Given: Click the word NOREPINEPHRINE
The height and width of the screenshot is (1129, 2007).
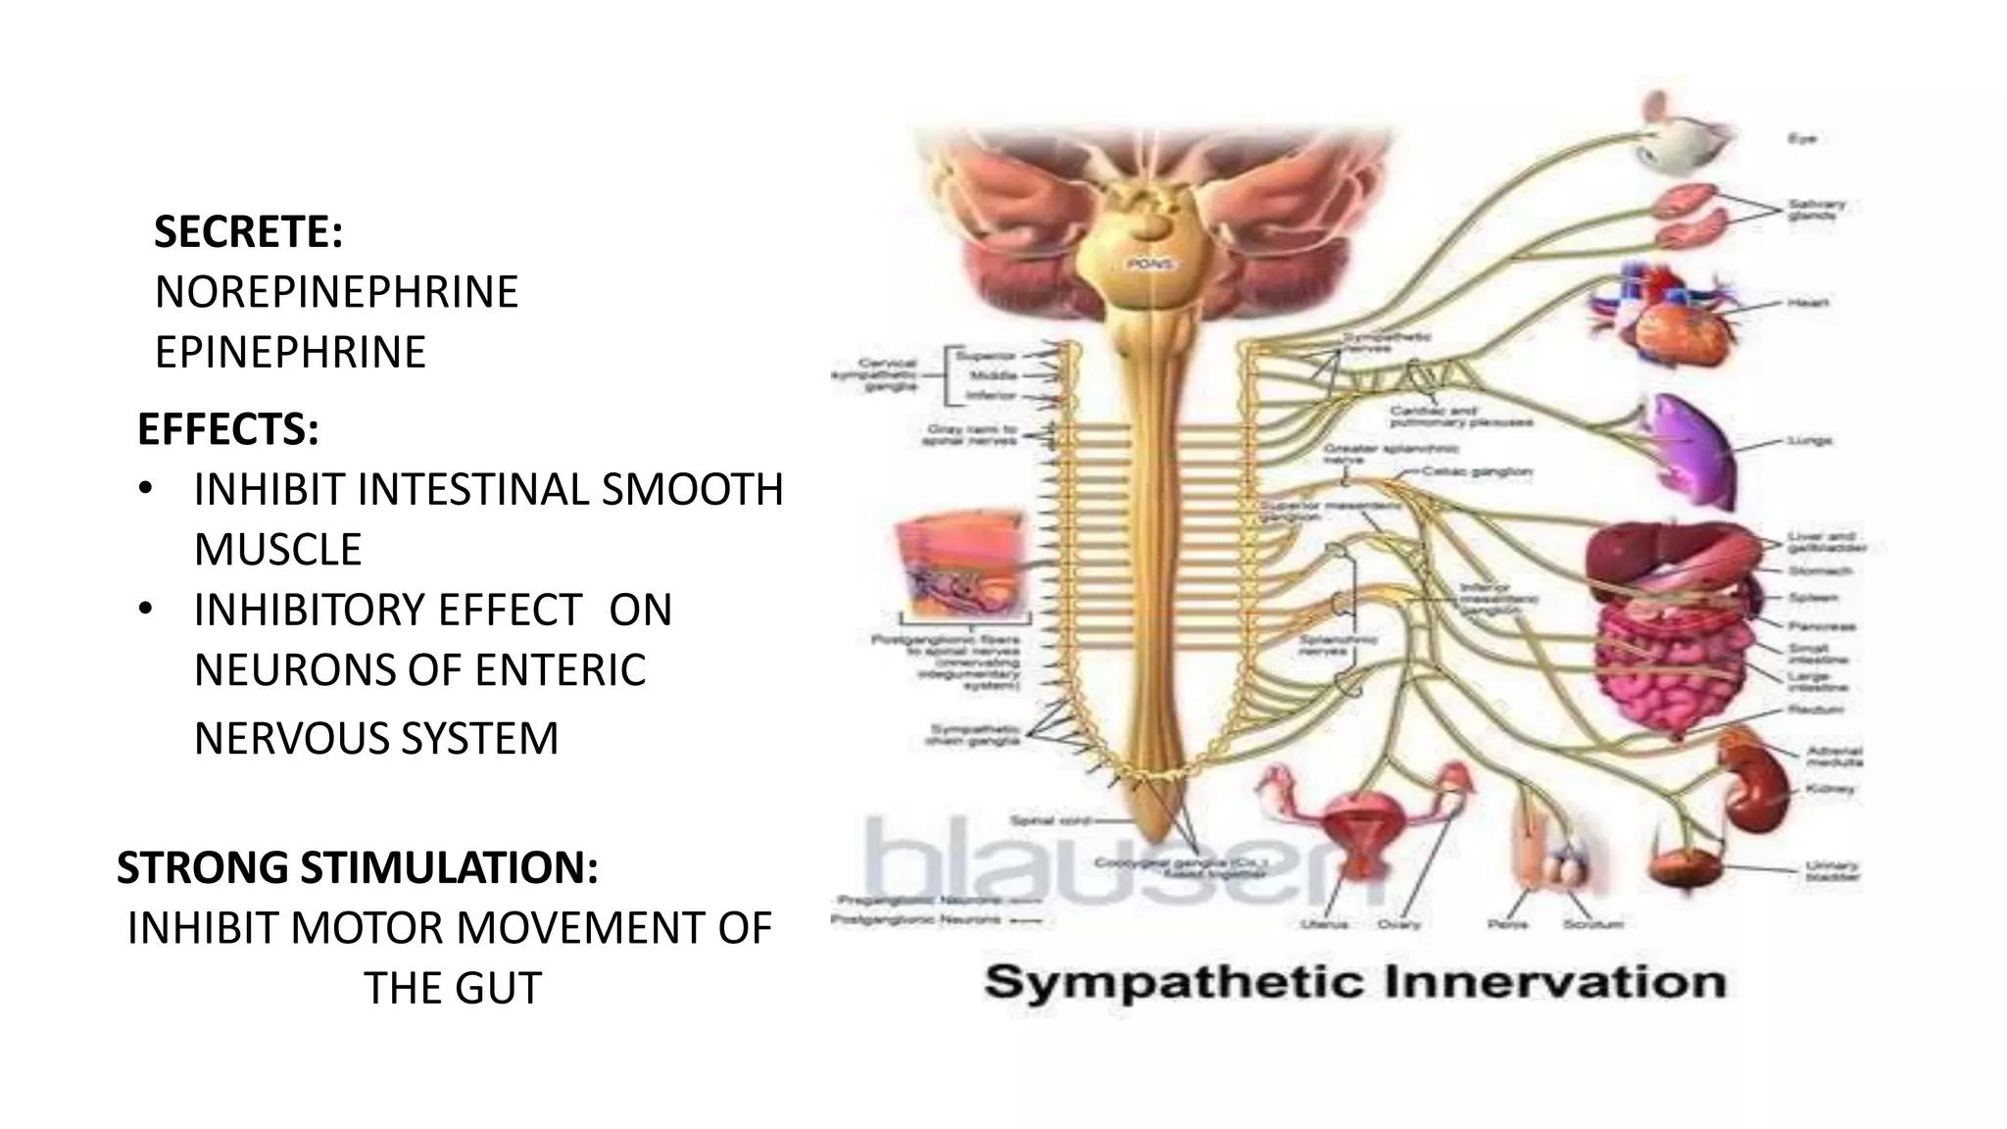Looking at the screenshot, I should click(x=336, y=292).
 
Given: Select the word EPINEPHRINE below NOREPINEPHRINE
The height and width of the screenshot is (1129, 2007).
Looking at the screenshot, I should click(x=290, y=352).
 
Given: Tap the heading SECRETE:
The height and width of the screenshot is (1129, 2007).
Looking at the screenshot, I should click(x=249, y=232).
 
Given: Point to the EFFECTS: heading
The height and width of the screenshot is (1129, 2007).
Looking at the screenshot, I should click(x=228, y=429).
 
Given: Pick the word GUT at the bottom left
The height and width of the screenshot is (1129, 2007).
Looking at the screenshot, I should click(x=497, y=988).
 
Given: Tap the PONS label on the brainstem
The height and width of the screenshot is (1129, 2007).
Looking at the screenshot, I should click(x=1144, y=265).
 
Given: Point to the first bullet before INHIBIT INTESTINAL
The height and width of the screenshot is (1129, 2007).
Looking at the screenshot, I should click(x=145, y=489).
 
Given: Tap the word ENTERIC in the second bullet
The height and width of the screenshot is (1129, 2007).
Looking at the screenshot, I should click(x=561, y=670).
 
